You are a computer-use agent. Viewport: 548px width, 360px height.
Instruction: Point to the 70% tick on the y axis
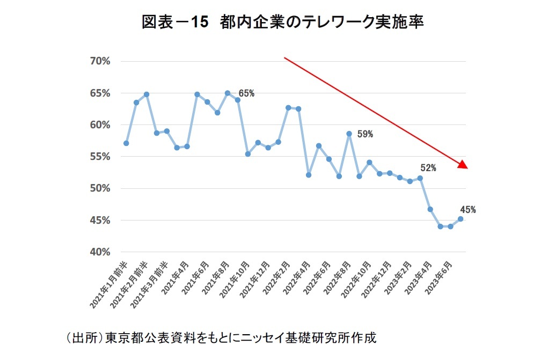(100, 61)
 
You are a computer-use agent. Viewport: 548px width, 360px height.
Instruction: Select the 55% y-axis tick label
(100, 157)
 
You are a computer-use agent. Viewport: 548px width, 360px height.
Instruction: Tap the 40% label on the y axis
(100, 252)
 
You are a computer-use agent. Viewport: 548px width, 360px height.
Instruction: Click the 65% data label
(246, 93)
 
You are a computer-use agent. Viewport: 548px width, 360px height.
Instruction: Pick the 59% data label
(365, 134)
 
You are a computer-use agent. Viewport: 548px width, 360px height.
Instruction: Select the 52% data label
(428, 168)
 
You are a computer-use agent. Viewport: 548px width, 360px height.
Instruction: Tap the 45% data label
(467, 210)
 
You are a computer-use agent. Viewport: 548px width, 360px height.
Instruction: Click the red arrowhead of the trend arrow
(463, 165)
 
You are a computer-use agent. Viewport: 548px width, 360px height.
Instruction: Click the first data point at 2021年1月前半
(126, 143)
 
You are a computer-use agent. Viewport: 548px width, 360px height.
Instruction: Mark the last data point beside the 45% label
(461, 219)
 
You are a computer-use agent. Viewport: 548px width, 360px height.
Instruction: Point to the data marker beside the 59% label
(349, 134)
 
